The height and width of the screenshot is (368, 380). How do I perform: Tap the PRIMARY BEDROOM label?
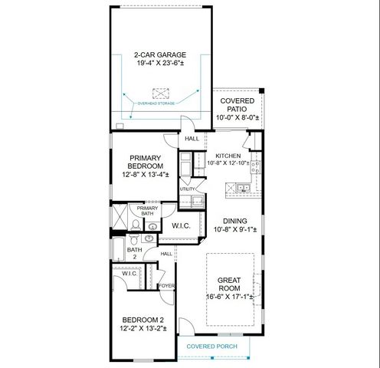[146, 162]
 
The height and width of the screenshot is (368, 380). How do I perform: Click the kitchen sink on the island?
[243, 187]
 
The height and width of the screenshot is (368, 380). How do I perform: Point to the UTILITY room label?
[187, 189]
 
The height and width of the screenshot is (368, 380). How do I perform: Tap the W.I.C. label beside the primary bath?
[181, 225]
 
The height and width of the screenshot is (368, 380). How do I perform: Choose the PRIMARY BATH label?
[147, 211]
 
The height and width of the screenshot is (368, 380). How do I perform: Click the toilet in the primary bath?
[135, 225]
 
